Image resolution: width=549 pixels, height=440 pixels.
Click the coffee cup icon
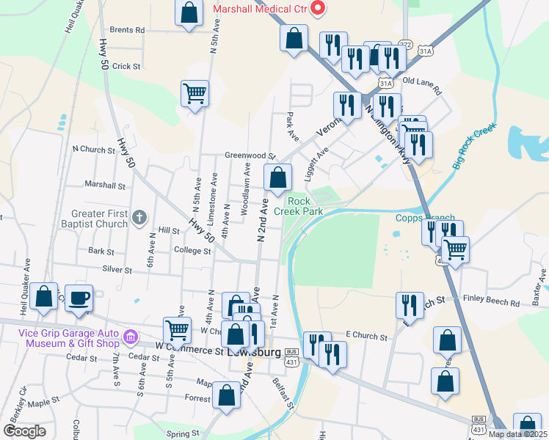(79, 298)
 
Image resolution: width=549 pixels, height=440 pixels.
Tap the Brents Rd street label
(127, 31)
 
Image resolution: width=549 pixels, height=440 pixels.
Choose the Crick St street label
(126, 66)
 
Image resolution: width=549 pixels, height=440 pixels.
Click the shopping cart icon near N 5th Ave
(195, 93)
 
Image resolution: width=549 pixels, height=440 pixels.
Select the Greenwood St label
(250, 156)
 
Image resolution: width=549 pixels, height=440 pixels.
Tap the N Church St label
(94, 150)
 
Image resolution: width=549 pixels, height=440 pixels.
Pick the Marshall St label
(105, 185)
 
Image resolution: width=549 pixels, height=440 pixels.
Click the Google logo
(24, 431)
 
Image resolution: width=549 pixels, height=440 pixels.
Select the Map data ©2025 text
(517, 434)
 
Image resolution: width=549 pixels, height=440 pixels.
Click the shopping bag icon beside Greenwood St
(278, 177)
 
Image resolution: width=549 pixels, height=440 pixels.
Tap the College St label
(192, 251)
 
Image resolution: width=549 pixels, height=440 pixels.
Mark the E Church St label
(366, 337)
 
